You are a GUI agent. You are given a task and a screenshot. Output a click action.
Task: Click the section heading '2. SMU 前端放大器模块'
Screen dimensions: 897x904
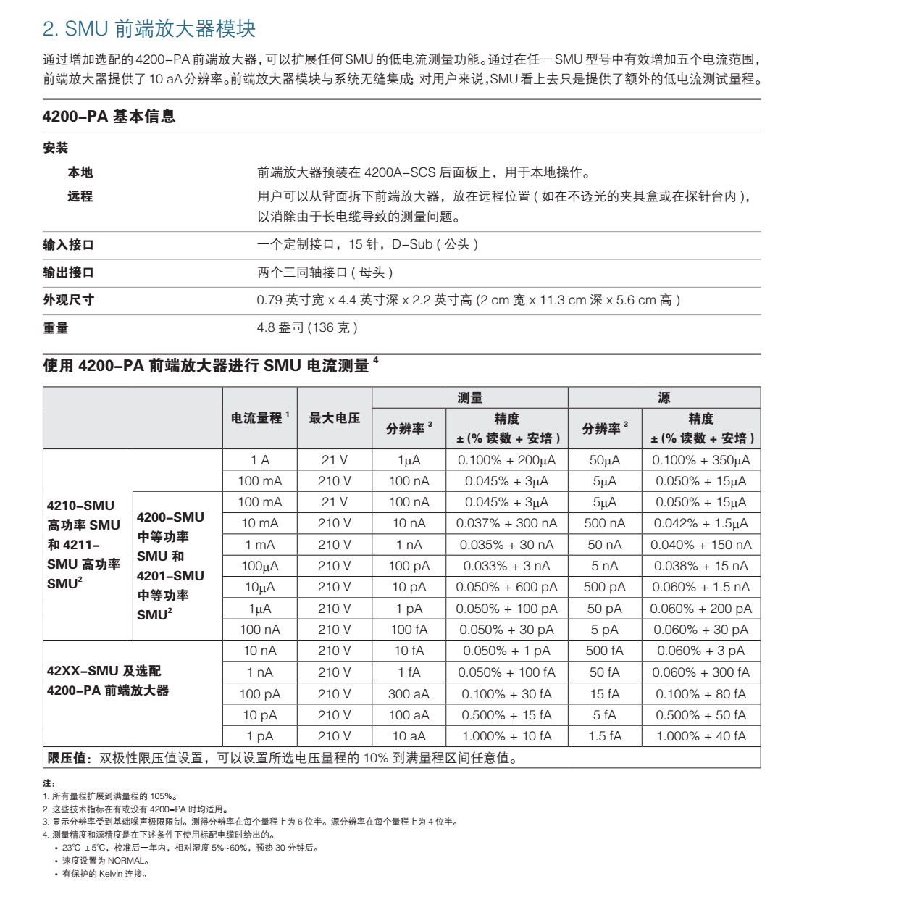click(x=149, y=29)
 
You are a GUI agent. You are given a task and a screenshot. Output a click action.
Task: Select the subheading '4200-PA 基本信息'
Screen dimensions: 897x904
click(x=109, y=117)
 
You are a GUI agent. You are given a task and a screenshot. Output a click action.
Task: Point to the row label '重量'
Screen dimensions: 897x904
click(x=55, y=328)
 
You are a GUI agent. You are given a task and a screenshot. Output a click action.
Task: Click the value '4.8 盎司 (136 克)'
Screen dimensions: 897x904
click(x=307, y=327)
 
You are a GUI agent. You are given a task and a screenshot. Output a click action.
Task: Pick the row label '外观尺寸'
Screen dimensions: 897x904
click(x=68, y=300)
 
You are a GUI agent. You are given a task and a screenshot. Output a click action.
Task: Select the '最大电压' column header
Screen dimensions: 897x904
click(x=334, y=418)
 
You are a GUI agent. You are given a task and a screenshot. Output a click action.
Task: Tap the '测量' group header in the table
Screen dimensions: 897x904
click(x=469, y=398)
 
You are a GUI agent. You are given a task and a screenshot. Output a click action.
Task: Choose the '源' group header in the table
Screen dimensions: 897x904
click(x=664, y=398)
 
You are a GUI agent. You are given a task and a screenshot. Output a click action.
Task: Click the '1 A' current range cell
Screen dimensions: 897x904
click(x=260, y=460)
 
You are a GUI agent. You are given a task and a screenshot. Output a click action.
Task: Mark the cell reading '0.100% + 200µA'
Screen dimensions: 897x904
click(x=506, y=460)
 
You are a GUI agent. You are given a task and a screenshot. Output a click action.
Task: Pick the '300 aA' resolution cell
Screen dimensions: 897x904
click(x=409, y=694)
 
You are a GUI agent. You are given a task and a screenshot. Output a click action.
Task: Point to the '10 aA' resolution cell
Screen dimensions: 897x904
click(x=409, y=736)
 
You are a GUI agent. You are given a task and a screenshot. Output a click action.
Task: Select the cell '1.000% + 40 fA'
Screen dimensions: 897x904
click(x=700, y=736)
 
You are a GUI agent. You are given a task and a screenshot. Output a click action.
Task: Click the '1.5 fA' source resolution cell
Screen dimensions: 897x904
click(x=604, y=736)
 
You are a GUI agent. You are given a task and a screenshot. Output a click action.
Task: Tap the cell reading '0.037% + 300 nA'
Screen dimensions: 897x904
click(x=506, y=523)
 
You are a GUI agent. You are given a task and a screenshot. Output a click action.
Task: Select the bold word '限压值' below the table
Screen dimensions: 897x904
click(x=68, y=758)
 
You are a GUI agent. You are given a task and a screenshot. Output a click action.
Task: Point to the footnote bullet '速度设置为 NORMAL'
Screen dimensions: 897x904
click(x=105, y=861)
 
